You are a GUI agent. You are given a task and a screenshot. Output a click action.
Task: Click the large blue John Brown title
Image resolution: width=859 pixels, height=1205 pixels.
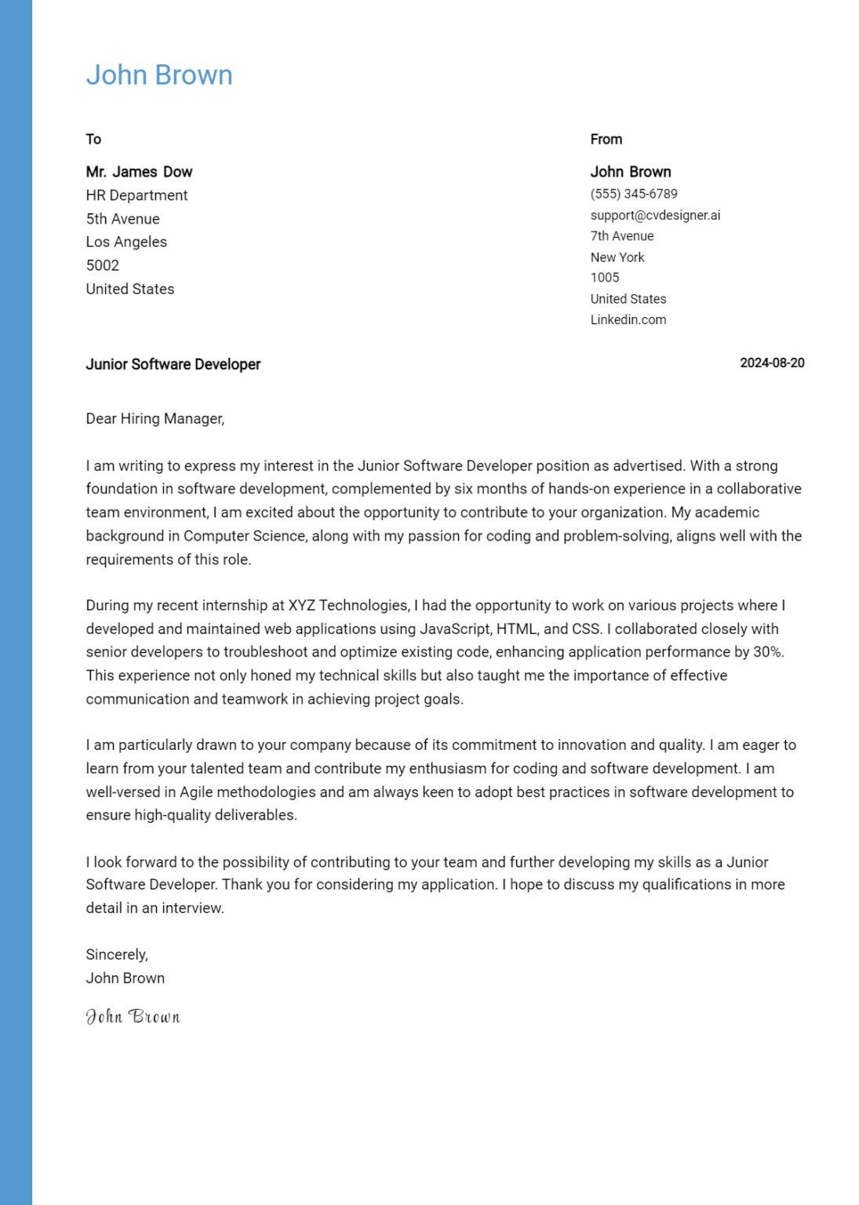pos(159,75)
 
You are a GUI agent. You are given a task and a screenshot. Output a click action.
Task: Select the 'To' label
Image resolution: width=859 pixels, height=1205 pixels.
pos(93,140)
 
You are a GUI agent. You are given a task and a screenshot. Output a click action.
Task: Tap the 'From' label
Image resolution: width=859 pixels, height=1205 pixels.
pos(606,140)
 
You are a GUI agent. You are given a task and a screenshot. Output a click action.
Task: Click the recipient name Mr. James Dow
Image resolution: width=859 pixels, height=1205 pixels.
pos(139,172)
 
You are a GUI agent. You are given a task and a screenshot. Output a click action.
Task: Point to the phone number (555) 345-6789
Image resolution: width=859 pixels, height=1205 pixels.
pos(633,194)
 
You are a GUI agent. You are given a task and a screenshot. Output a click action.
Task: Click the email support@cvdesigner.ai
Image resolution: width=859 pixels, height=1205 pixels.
pos(655,215)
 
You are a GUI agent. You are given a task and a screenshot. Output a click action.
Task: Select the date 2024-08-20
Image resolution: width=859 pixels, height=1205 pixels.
pos(772,363)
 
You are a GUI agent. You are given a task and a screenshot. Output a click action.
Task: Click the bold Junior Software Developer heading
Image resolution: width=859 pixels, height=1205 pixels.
pos(173,365)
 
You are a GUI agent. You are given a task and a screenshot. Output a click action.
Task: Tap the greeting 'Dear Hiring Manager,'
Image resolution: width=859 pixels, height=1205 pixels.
pos(155,419)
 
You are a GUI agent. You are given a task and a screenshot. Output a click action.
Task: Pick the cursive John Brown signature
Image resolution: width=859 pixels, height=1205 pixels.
pos(133,1018)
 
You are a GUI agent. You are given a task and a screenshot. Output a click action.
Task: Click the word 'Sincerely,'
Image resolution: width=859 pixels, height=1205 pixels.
pos(117,955)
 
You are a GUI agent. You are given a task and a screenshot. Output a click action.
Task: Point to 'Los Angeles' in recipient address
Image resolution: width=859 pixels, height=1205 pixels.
pos(126,242)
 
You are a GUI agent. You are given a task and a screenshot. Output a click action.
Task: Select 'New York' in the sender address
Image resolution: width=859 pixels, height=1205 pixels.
pos(617,257)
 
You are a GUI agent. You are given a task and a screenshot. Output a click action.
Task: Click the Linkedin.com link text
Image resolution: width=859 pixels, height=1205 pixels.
pos(628,320)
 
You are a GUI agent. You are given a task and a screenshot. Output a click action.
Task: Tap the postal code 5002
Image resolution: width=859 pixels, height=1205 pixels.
pos(102,266)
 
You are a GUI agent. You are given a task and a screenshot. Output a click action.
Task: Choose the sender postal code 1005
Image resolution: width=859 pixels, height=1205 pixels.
pos(604,278)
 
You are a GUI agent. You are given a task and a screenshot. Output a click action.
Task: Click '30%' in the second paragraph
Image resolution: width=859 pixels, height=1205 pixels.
pos(768,652)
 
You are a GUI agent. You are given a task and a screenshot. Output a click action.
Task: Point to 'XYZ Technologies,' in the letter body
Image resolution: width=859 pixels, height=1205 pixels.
pos(348,606)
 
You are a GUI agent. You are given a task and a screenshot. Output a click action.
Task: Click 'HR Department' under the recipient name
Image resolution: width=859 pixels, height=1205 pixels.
pos(136,195)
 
